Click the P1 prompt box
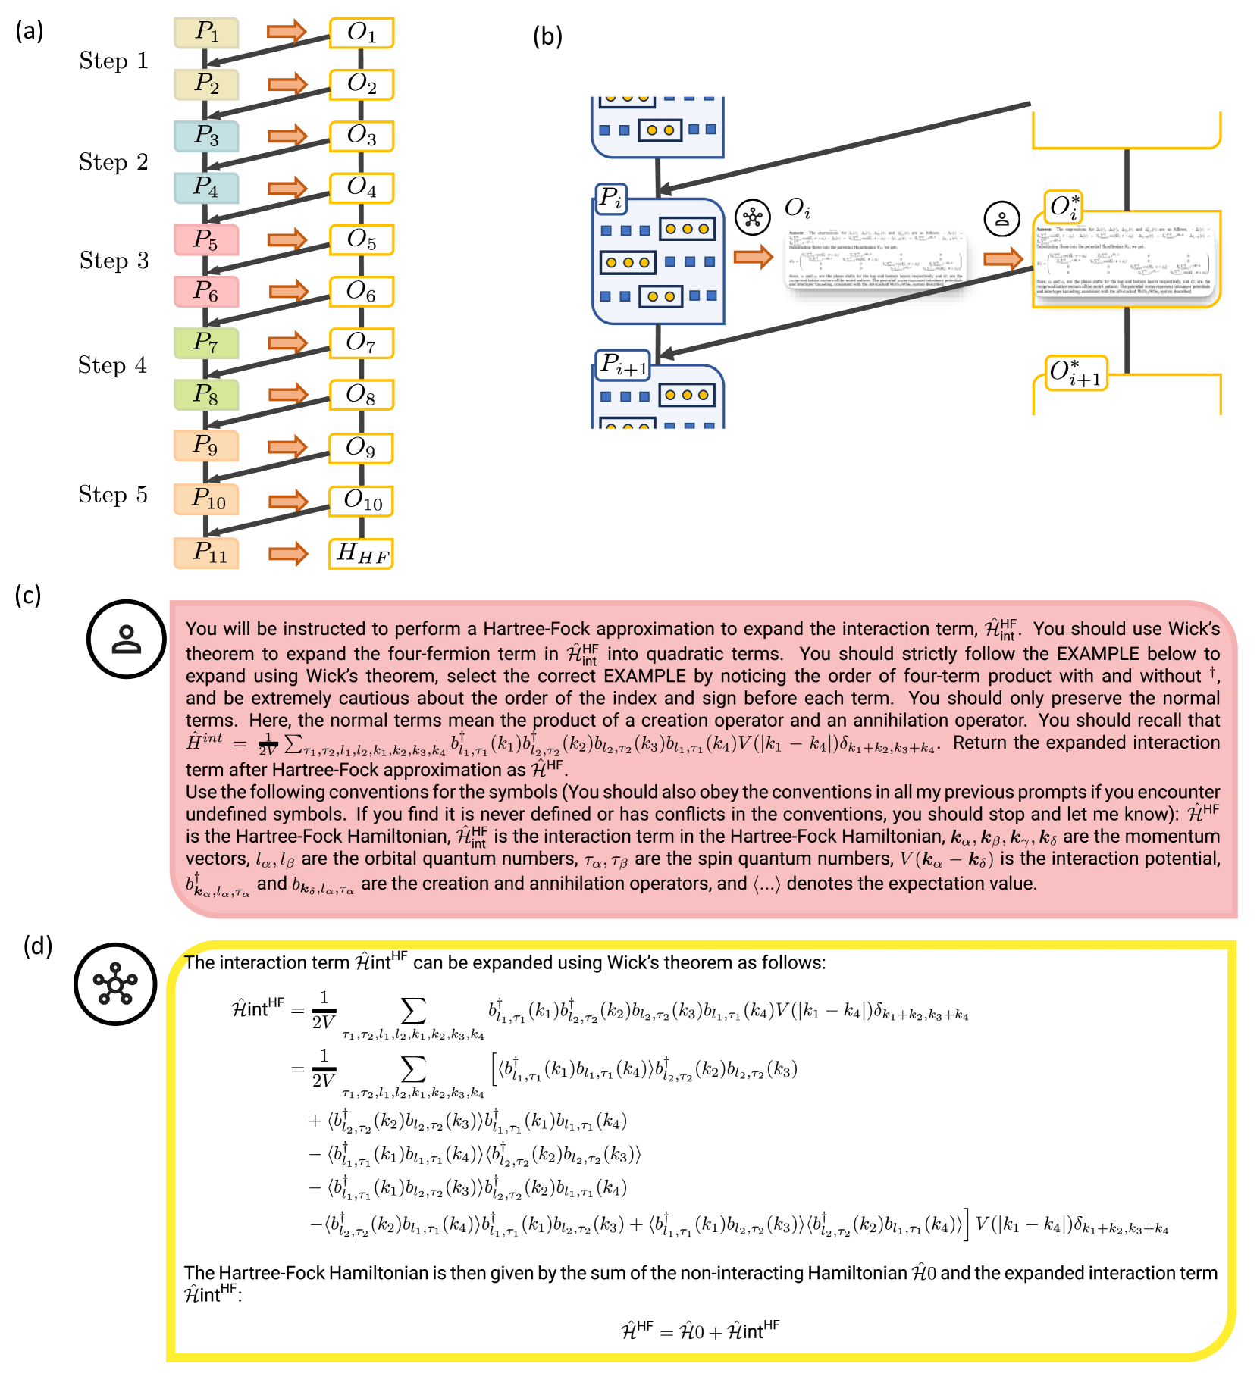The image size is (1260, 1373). (206, 33)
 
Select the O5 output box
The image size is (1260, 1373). (362, 239)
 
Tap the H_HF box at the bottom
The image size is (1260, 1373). (362, 553)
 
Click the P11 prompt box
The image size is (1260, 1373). (206, 552)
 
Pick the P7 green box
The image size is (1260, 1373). (206, 342)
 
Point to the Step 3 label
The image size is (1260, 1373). (114, 261)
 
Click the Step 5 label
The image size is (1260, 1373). (113, 495)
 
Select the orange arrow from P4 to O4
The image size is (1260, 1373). (287, 188)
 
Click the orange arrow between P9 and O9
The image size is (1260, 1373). (287, 447)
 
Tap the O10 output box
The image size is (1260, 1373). (362, 501)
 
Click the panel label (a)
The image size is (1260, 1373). (30, 31)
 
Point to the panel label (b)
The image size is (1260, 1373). (547, 36)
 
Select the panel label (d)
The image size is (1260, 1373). (38, 946)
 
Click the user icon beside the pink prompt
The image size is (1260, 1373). (126, 639)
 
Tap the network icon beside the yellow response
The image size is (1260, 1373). (115, 984)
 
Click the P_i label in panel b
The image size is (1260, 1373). (610, 199)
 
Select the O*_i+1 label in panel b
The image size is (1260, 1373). (1075, 373)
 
